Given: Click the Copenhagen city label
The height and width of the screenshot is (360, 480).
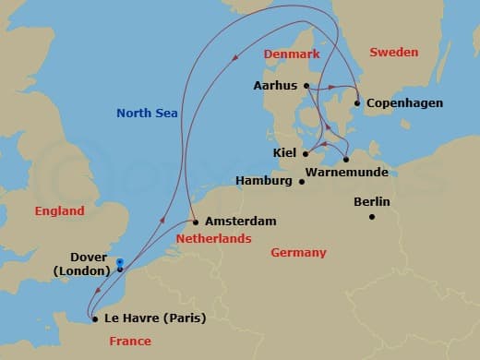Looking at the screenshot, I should click(x=405, y=102).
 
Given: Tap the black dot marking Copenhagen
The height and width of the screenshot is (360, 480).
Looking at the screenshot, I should click(x=357, y=102).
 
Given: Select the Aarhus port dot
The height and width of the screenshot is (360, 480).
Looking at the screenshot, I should click(x=306, y=87).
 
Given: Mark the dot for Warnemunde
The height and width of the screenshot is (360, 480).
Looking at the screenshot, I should click(x=345, y=159).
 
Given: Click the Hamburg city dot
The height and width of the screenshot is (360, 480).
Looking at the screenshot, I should click(x=302, y=181).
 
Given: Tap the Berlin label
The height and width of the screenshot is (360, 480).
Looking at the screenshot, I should click(x=372, y=202).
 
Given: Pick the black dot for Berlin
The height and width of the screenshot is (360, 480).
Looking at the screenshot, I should click(x=372, y=217).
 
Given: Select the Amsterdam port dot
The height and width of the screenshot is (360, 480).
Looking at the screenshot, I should click(x=196, y=222).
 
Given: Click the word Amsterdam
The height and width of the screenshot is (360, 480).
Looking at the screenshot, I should click(x=242, y=222).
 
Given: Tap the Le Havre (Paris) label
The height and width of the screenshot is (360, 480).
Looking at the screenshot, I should click(x=155, y=319).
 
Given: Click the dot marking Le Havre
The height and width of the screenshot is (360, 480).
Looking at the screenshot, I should click(x=96, y=319).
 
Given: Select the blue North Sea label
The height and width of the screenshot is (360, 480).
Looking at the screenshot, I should click(x=147, y=114).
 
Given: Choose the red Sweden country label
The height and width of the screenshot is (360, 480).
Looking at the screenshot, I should click(x=394, y=53).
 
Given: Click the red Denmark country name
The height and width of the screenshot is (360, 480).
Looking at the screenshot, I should click(x=292, y=54).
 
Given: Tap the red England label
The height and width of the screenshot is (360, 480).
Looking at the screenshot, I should click(x=59, y=211).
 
